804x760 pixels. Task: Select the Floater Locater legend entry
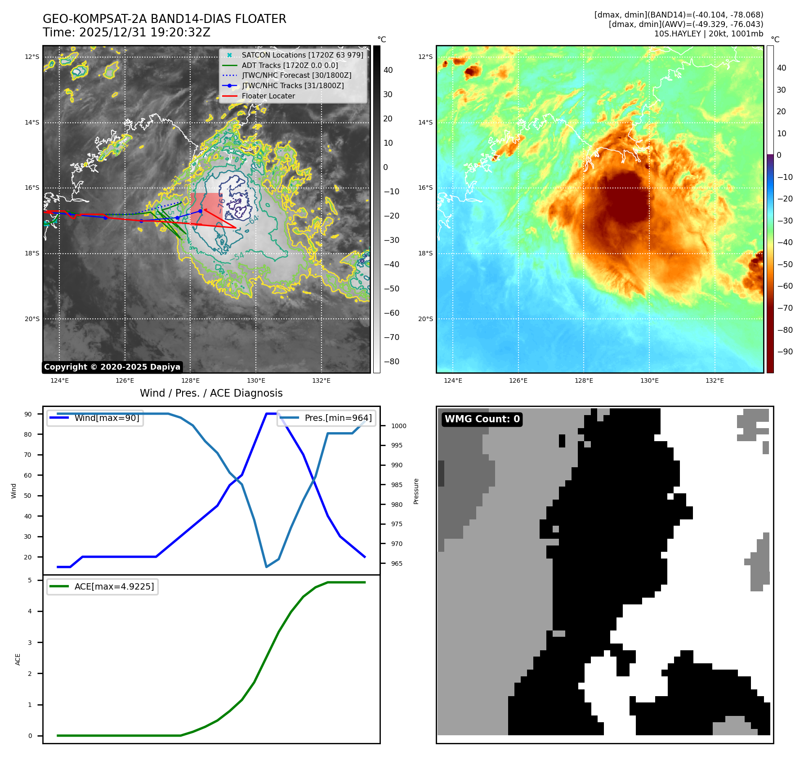268,96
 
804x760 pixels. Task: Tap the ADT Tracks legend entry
290,65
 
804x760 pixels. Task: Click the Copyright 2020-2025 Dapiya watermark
112,367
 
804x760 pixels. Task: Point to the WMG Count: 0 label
482,419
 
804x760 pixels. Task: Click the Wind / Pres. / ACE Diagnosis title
211,393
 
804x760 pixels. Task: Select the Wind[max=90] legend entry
107,418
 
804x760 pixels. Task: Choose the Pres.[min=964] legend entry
338,418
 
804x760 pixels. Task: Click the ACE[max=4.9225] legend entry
114,586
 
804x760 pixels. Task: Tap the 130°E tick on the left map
256,380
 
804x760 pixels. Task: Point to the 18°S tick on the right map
425,253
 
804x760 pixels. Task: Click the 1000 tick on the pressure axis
398,426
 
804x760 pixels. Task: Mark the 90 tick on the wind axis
28,414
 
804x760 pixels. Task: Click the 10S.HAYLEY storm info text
708,34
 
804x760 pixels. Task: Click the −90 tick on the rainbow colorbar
785,352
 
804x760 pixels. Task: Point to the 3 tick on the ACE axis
30,643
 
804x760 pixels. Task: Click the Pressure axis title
416,491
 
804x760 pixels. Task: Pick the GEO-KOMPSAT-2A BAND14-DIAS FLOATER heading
164,19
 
